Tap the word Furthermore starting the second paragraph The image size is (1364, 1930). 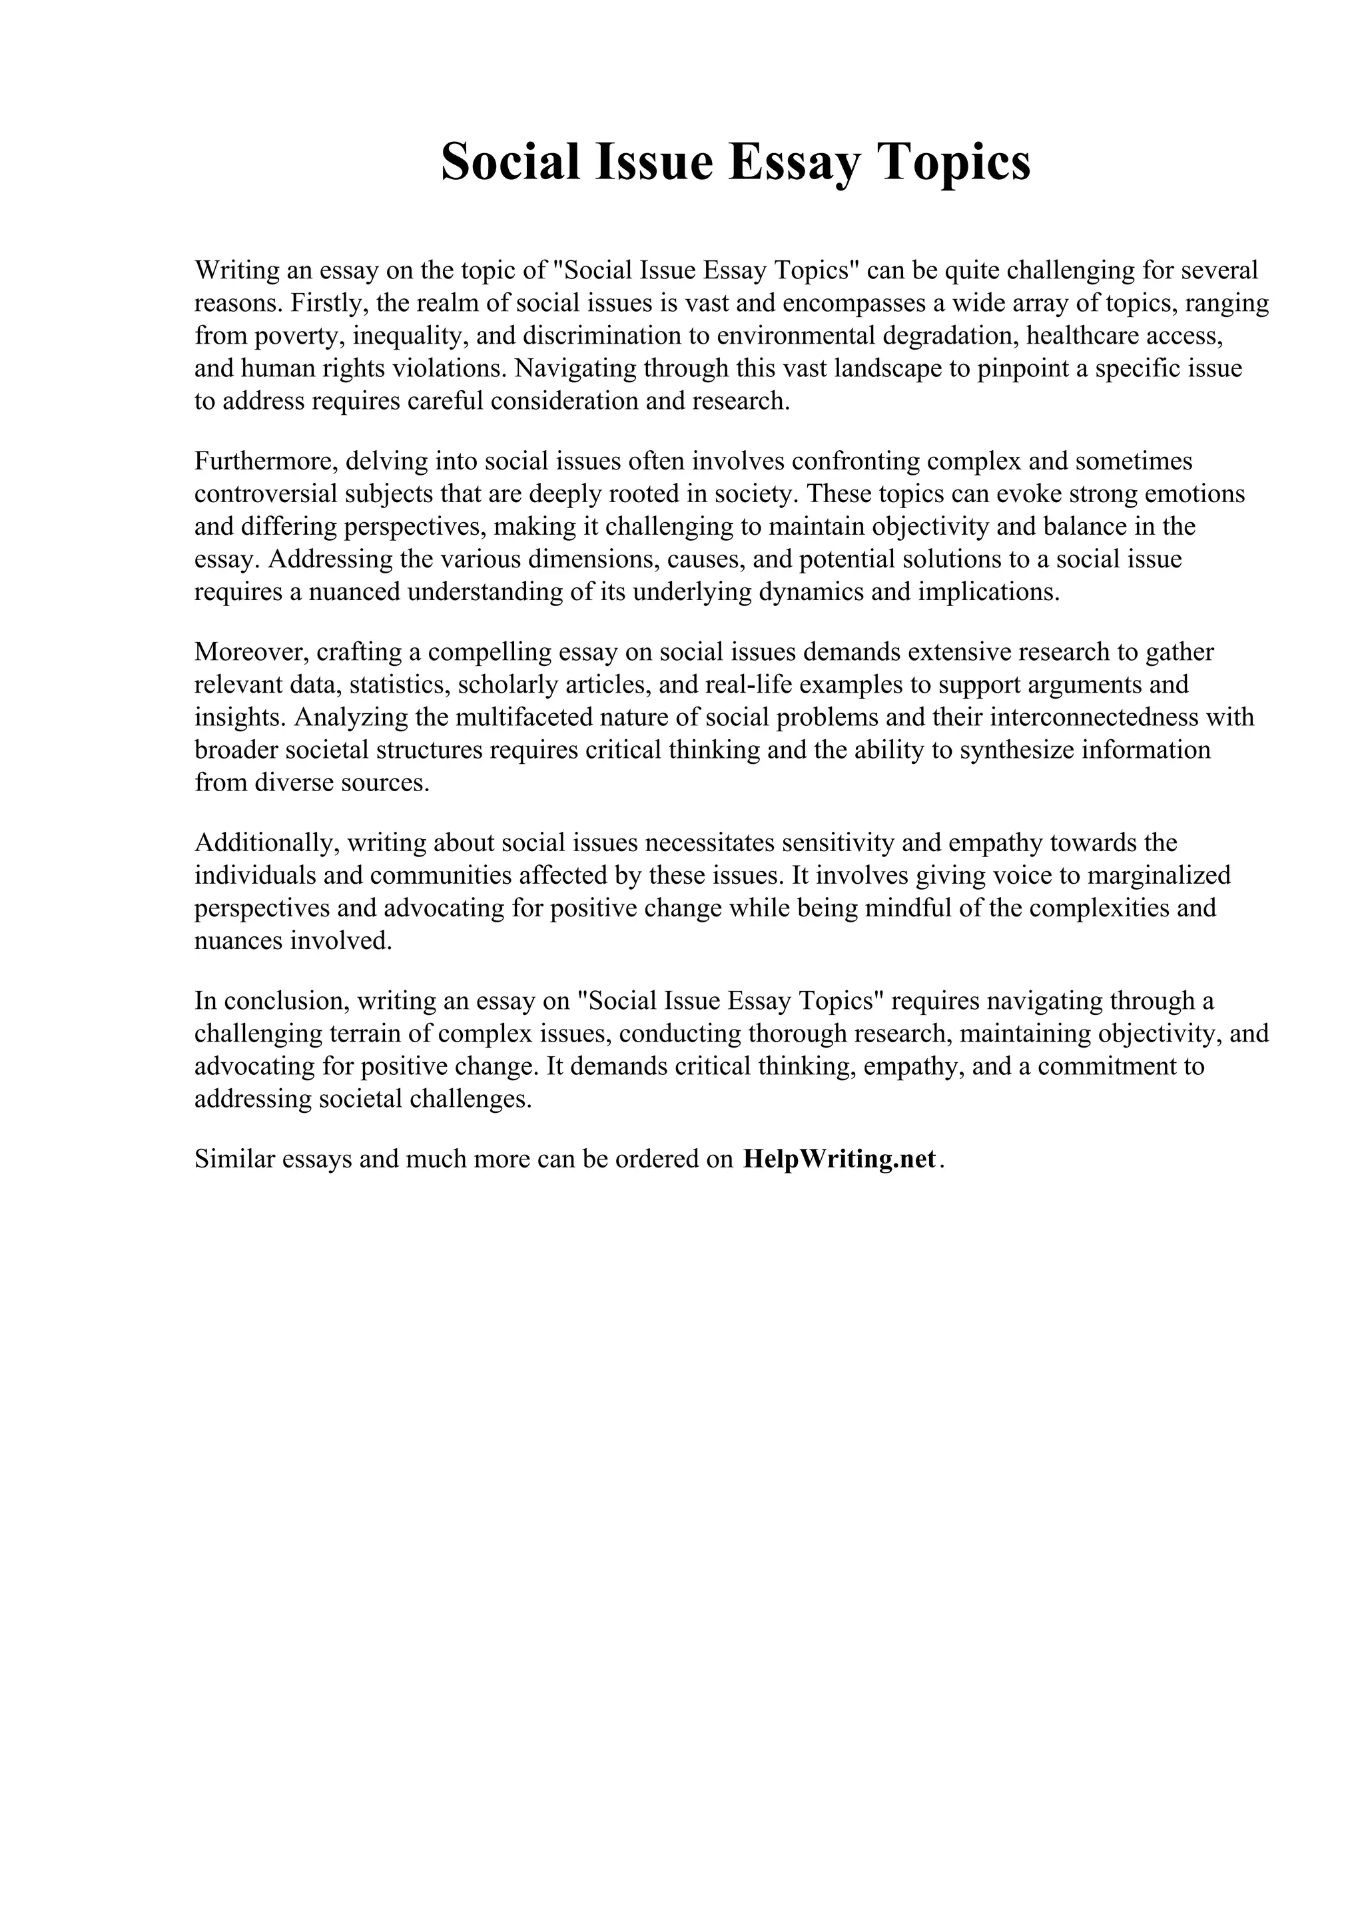coord(263,461)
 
